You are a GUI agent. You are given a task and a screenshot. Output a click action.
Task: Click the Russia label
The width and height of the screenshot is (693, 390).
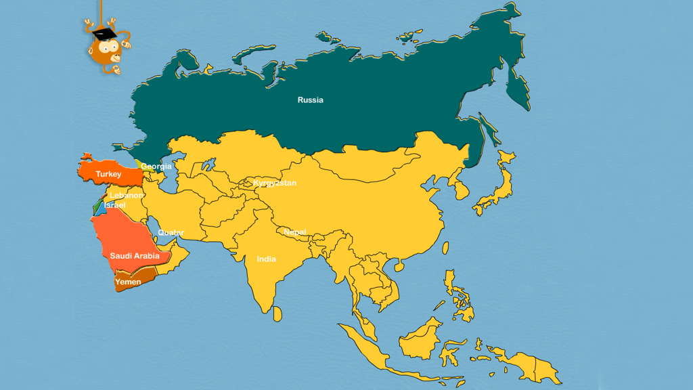[x=311, y=100]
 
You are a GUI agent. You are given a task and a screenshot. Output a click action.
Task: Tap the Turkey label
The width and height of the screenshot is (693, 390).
[x=108, y=175]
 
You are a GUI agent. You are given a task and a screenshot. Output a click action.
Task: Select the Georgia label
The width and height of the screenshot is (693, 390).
[x=156, y=166]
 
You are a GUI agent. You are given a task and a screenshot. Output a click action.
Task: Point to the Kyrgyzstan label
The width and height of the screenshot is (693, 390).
[x=275, y=183]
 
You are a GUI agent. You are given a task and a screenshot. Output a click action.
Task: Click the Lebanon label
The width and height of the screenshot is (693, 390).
[x=127, y=196]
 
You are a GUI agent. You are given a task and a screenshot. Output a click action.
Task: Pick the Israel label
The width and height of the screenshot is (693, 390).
[x=114, y=204]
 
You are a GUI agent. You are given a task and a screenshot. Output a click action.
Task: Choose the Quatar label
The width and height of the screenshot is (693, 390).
[x=171, y=233]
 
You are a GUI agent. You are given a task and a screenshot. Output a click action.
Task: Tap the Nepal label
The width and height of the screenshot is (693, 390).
[x=295, y=232]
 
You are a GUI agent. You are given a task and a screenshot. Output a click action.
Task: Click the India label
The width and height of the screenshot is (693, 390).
[x=266, y=259]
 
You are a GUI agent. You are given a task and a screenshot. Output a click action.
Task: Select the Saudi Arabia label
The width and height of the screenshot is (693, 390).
[x=135, y=256]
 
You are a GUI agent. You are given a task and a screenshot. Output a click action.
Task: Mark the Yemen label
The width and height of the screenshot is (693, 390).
[x=128, y=282]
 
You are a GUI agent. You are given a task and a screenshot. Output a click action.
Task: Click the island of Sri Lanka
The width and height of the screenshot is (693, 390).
[x=277, y=314]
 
